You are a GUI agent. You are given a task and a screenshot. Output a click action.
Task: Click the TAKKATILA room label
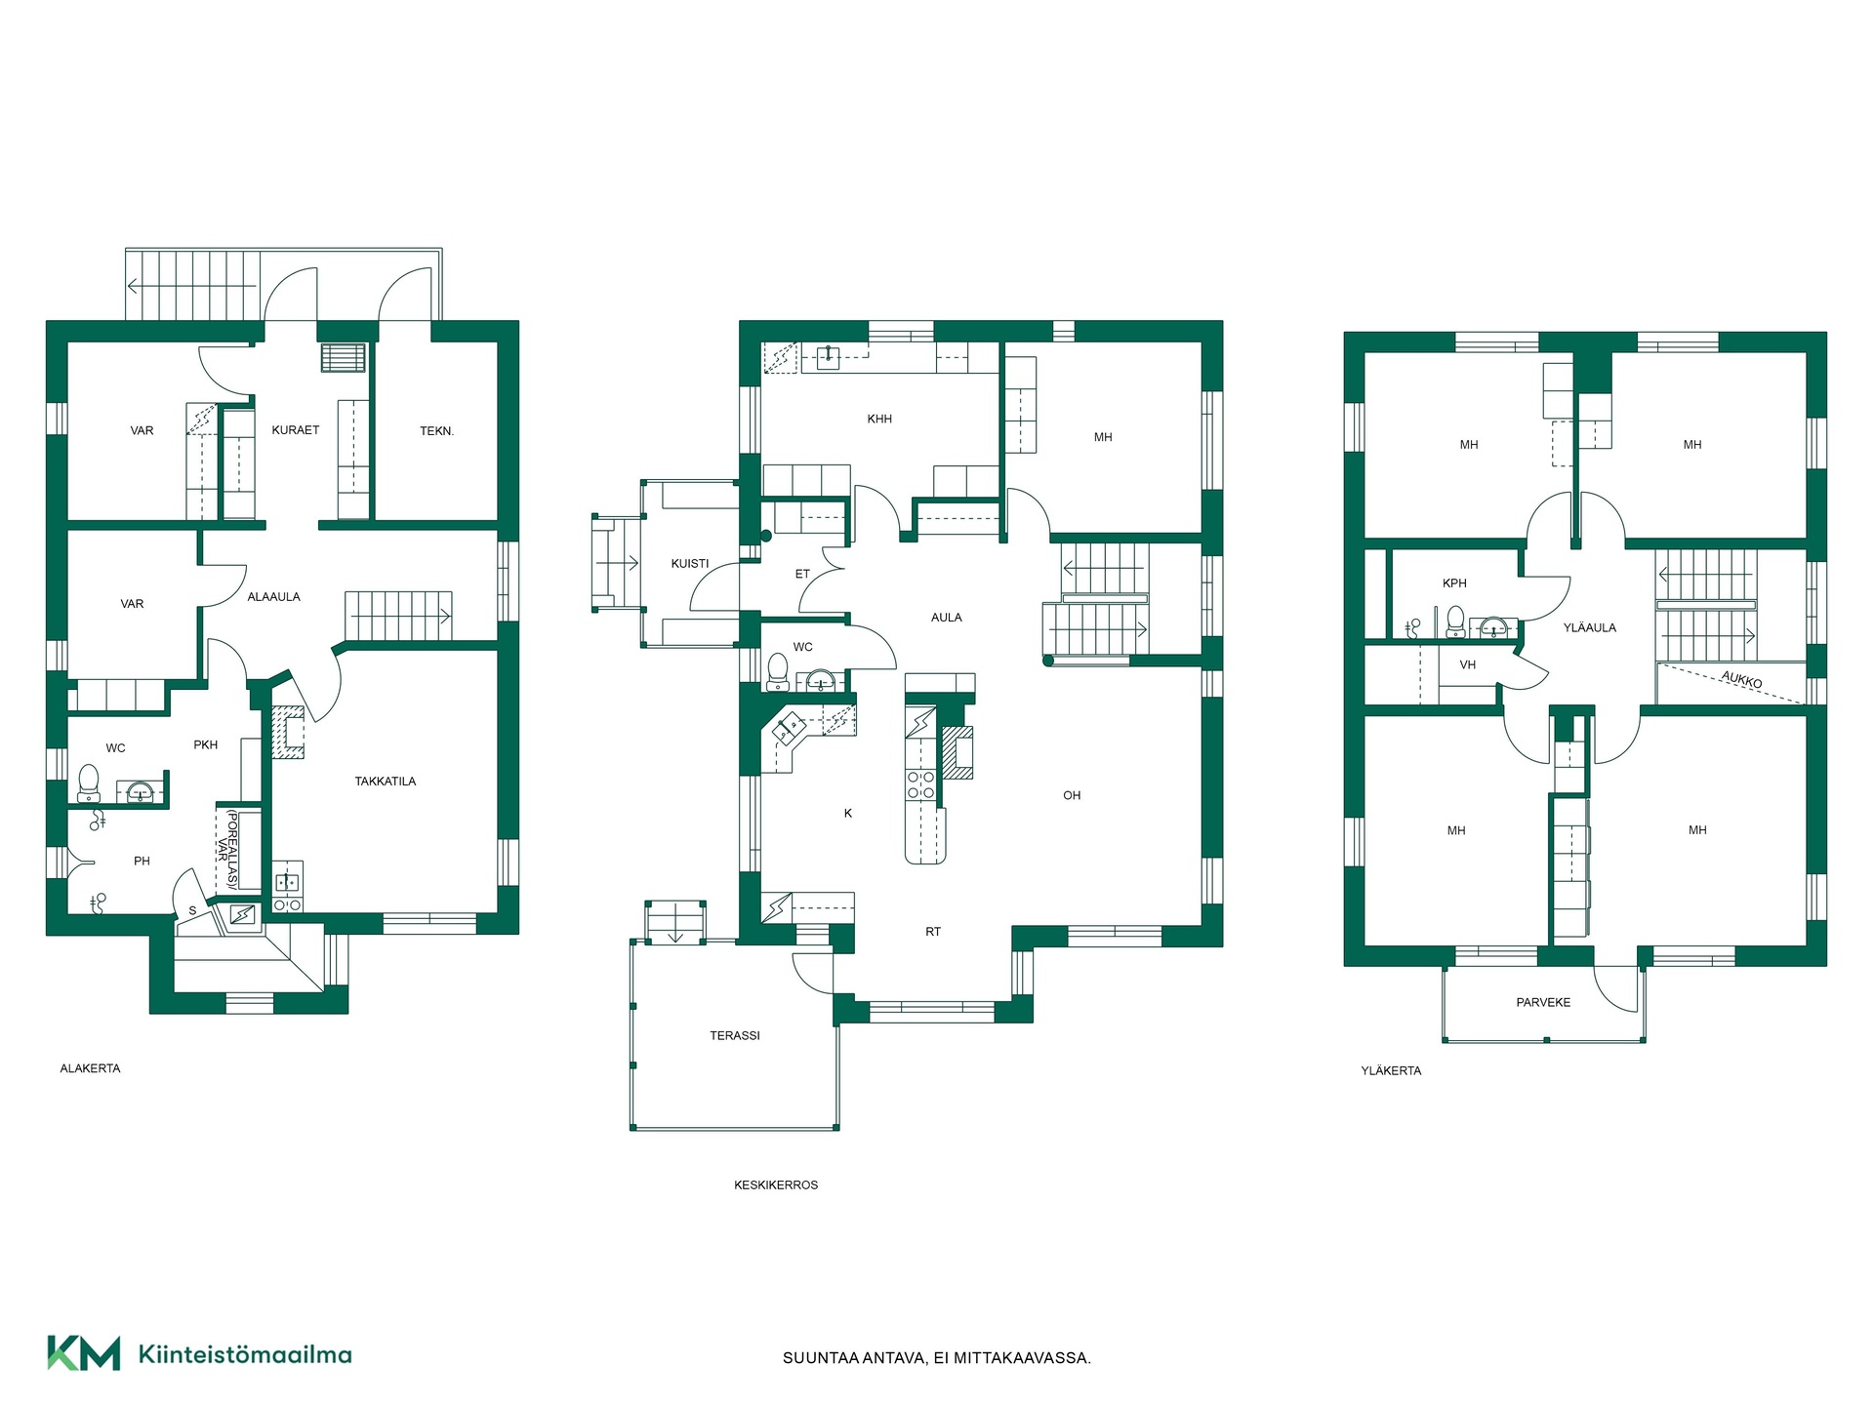pos(386,782)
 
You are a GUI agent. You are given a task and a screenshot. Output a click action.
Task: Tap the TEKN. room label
pos(437,431)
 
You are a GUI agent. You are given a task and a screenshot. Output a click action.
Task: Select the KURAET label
pos(296,430)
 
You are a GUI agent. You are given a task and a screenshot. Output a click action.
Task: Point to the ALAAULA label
pos(274,597)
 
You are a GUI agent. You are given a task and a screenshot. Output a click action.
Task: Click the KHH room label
pos(879,420)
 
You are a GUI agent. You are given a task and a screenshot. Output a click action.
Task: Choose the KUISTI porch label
pos(690,564)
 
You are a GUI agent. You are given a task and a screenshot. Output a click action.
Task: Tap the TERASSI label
pos(735,1036)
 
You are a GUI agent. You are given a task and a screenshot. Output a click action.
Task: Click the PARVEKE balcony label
pos(1543,1003)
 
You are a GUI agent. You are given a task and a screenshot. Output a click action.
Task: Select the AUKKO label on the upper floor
pos(1741,679)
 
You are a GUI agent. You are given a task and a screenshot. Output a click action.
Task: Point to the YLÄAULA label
pos(1590,628)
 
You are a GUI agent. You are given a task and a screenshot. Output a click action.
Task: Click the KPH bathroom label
pos(1454,583)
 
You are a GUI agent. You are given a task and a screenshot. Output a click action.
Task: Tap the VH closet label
pos(1468,665)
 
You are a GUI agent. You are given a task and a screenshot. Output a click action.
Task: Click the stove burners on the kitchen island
pos(920,785)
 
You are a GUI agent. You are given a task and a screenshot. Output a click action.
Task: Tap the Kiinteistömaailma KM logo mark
pos(84,1353)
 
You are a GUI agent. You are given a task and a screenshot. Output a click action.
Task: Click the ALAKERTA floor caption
pos(91,1069)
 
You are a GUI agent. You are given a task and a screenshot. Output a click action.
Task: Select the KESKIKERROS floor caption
pos(776,1185)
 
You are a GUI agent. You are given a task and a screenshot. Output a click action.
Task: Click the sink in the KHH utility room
pos(828,356)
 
